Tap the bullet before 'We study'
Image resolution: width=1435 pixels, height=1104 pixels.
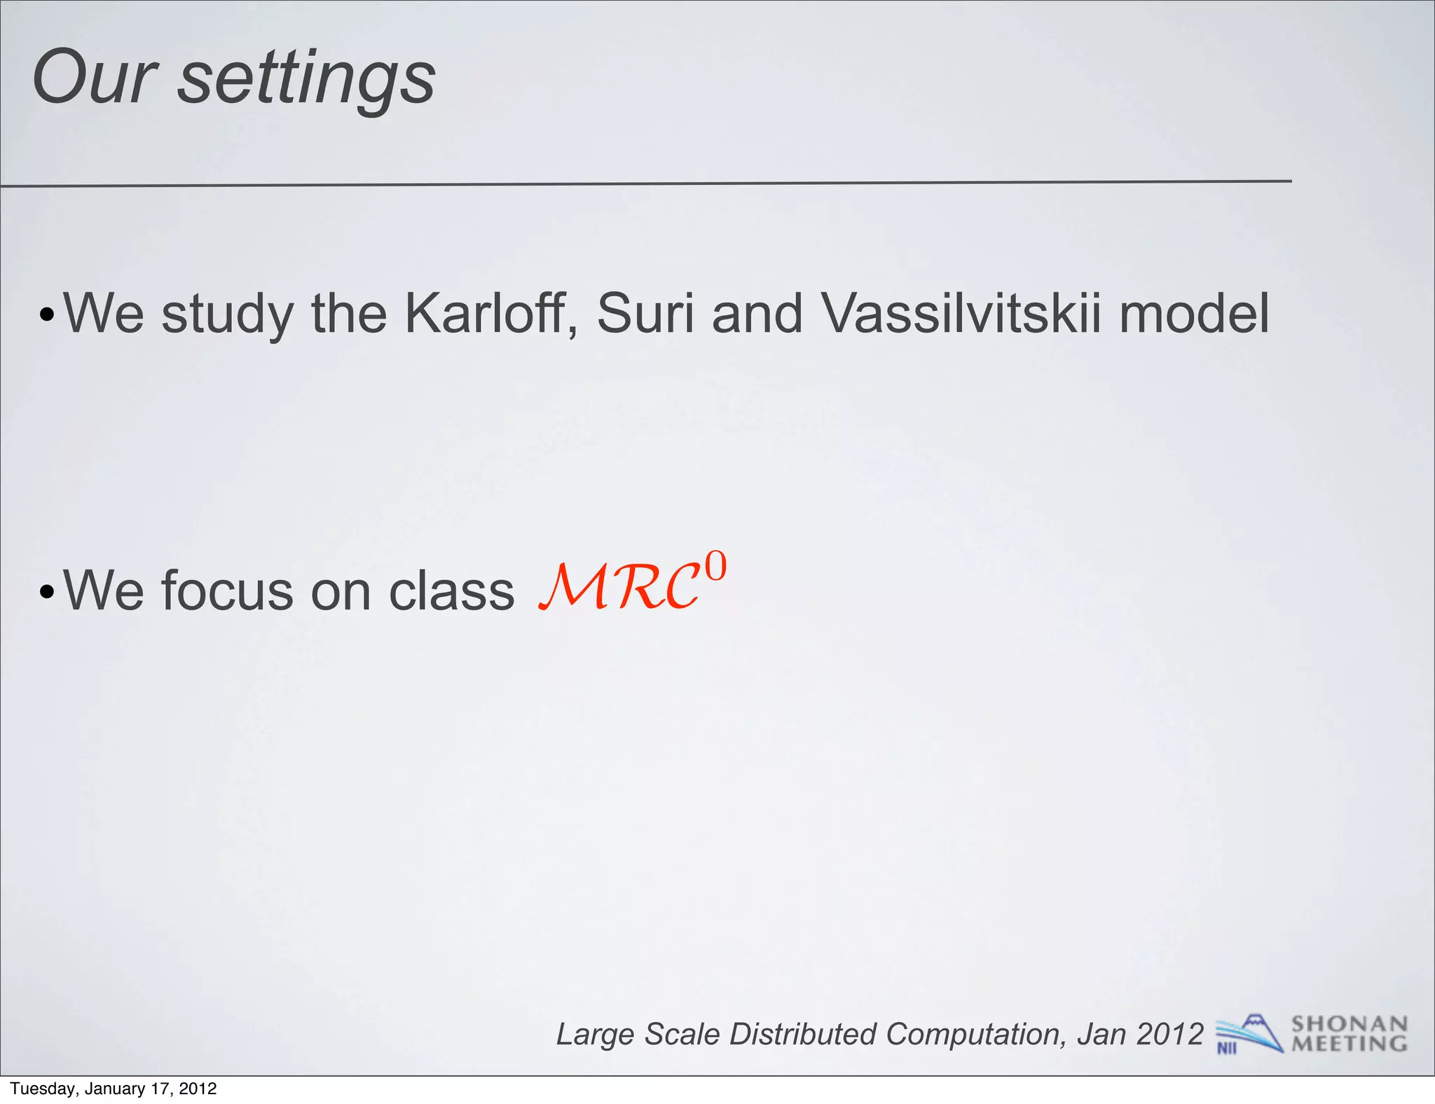coord(46,315)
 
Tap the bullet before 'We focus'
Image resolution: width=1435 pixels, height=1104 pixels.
coord(46,592)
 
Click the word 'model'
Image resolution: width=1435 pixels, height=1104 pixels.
coord(1193,313)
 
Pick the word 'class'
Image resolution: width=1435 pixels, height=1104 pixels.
coord(451,591)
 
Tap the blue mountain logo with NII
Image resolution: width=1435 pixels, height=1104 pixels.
coord(1248,1034)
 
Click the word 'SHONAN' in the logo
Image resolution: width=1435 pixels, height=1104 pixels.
coord(1349,1024)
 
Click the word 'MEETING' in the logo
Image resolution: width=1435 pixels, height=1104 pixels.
coord(1349,1044)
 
